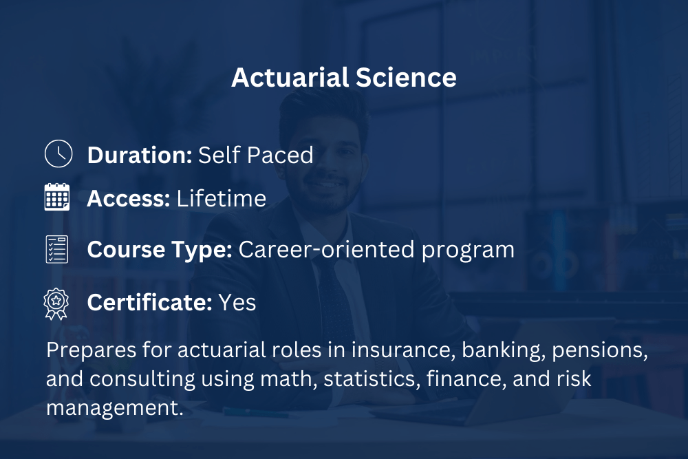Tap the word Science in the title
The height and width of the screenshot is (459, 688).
[407, 78]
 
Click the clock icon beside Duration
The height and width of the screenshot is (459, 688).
[58, 153]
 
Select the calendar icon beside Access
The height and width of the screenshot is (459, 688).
[57, 197]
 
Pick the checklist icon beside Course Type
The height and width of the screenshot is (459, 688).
[57, 249]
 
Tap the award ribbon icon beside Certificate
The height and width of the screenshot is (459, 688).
[56, 303]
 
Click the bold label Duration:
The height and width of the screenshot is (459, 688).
[140, 155]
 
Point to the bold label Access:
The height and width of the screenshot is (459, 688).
[129, 198]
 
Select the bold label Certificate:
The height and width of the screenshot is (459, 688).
[149, 302]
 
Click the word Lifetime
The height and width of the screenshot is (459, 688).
[222, 198]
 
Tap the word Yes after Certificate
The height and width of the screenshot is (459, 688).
[237, 302]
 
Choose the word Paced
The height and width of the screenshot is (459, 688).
[281, 155]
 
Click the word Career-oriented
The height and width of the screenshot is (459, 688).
[326, 249]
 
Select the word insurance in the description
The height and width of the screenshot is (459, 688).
[402, 350]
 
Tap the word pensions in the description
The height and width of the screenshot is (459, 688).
[600, 351]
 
